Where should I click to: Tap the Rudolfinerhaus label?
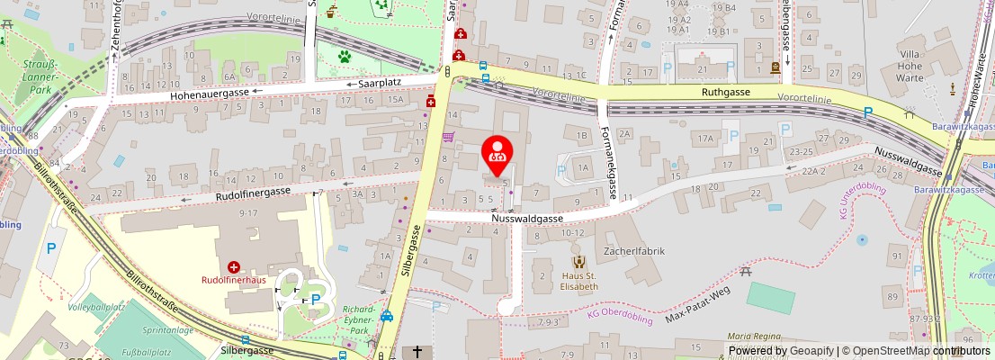(233, 280)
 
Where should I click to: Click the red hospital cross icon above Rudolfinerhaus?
(234, 266)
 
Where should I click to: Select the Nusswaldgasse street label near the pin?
(527, 218)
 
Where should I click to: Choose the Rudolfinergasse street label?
(252, 192)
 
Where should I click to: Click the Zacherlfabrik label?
(634, 251)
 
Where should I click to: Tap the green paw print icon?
(344, 57)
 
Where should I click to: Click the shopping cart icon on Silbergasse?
(448, 137)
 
